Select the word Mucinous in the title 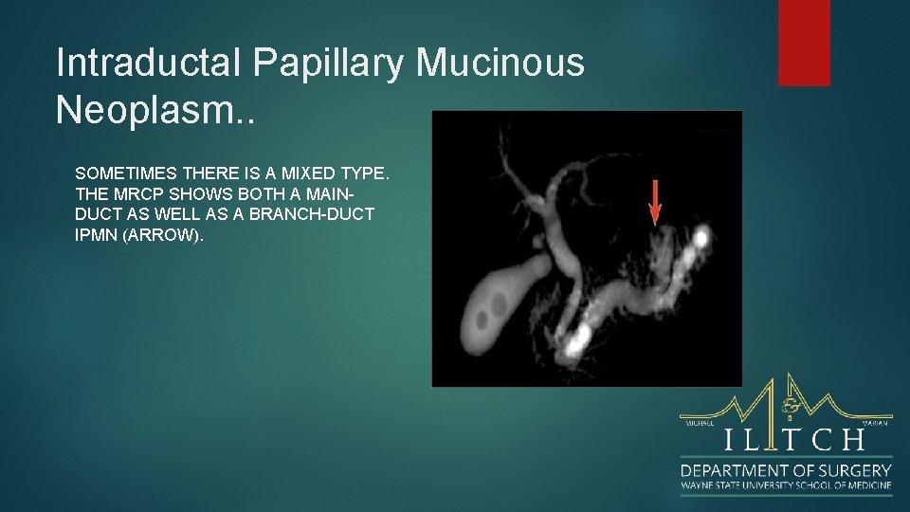500,64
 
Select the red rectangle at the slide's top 804,43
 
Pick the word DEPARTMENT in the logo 736,470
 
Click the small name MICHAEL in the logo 698,423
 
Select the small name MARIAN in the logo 875,423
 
